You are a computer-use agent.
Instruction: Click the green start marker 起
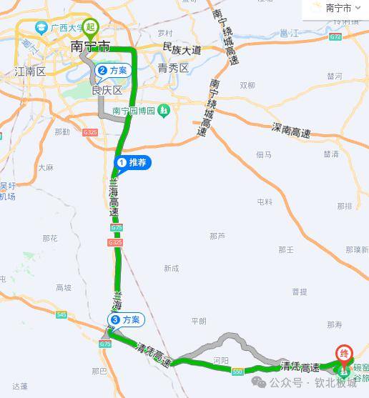(89, 29)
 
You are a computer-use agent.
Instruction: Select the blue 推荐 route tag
(133, 164)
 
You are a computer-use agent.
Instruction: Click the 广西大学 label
(61, 28)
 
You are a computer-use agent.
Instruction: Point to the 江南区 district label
(29, 71)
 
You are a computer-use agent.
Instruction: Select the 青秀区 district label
(173, 69)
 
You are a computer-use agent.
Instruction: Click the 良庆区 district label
(107, 91)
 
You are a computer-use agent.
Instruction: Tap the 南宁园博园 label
(135, 111)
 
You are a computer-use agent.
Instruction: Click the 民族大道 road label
(182, 50)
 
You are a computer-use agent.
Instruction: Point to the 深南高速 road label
(291, 131)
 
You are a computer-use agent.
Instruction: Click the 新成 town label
(171, 268)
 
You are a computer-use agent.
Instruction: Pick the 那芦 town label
(217, 236)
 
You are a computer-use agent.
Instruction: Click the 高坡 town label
(64, 288)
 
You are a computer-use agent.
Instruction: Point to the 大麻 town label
(46, 168)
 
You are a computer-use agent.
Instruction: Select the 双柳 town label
(247, 86)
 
